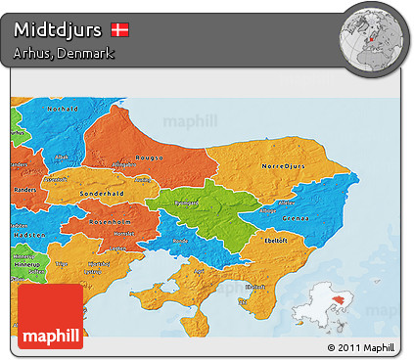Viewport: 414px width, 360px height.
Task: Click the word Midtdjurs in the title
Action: tap(58, 30)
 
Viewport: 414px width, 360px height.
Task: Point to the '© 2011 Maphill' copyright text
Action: tap(361, 347)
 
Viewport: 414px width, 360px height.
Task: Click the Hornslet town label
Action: tap(124, 234)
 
